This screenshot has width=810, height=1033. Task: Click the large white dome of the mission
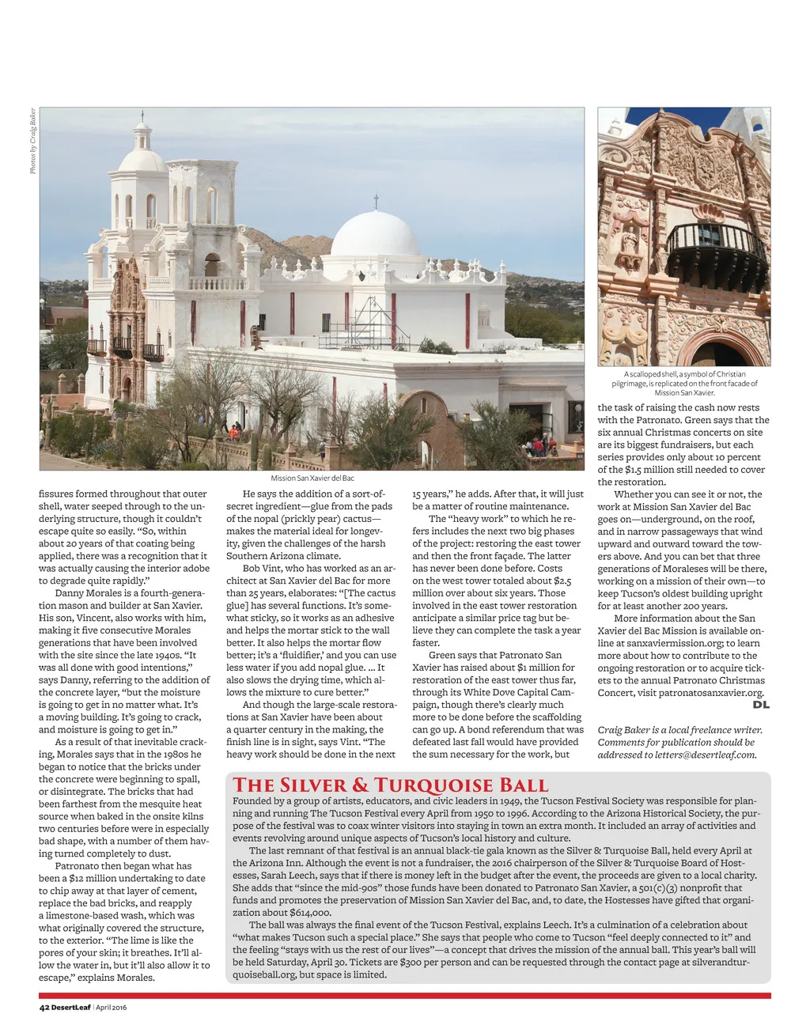coord(375,235)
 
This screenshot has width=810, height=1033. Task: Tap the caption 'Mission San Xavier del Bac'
coord(312,478)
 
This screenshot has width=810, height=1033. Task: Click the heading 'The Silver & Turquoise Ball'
coord(390,785)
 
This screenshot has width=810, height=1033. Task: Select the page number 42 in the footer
coord(44,1007)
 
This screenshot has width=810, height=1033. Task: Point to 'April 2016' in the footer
coord(112,1007)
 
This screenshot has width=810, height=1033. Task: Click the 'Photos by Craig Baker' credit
coord(32,141)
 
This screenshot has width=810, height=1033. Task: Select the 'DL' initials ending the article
coord(761,704)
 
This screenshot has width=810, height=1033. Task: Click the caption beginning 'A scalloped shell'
coord(684,383)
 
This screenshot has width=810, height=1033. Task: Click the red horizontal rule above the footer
coord(404,995)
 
